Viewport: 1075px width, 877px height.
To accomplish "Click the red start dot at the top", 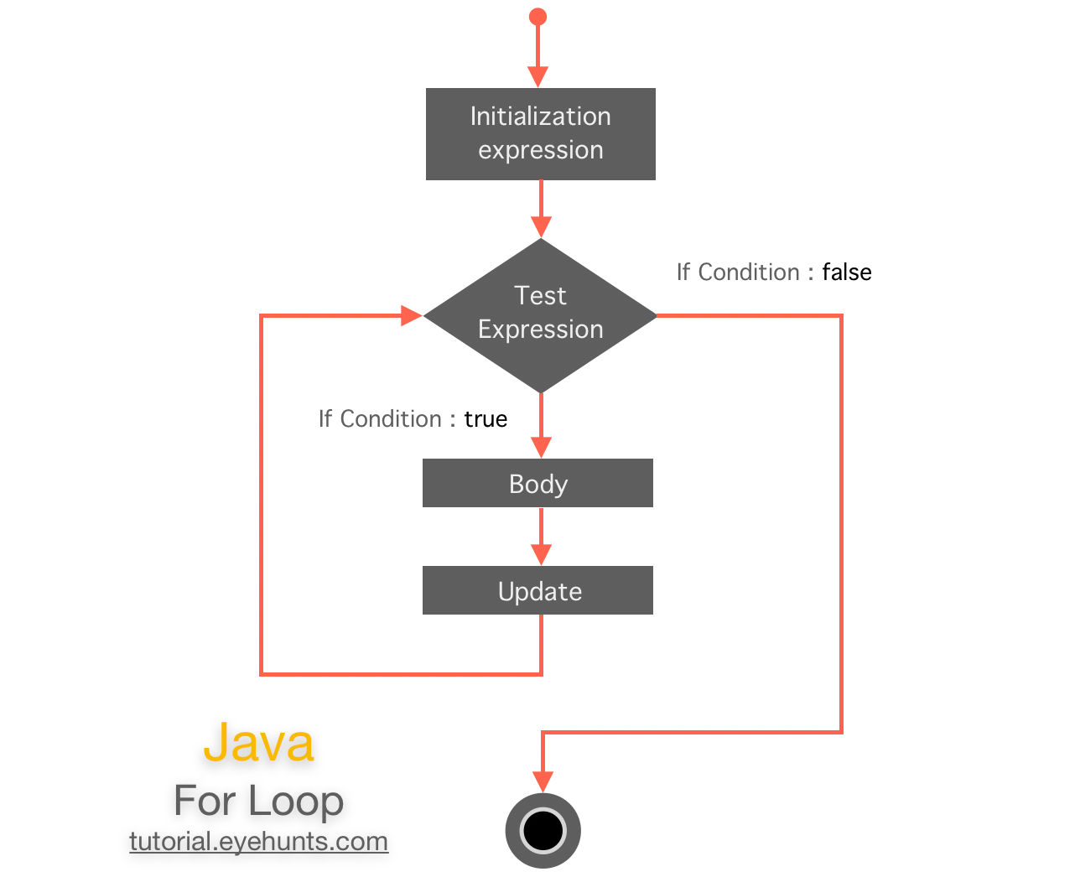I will point(538,17).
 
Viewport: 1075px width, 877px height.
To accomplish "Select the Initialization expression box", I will point(540,134).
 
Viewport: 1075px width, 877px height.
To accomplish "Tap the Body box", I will point(537,483).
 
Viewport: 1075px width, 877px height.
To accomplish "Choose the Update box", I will point(537,590).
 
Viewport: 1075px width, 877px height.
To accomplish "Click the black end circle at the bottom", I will point(543,831).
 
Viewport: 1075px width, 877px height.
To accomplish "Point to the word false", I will point(846,272).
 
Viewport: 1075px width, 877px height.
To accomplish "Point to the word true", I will point(486,419).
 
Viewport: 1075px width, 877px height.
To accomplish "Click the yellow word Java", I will point(258,743).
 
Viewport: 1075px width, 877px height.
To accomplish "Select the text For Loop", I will point(258,801).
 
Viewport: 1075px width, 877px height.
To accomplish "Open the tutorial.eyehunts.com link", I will point(258,841).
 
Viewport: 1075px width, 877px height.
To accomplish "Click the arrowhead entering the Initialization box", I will point(538,77).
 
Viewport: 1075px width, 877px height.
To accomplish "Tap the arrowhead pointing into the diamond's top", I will point(541,226).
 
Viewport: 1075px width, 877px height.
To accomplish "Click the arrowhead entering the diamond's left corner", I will point(411,316).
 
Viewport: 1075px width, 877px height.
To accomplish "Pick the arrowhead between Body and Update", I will point(541,554).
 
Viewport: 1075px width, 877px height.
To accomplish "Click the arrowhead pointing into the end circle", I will point(543,781).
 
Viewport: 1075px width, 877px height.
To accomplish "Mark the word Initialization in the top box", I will point(540,117).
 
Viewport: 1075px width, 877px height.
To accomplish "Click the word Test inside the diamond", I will point(540,296).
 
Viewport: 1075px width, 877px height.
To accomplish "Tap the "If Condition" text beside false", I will point(738,272).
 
